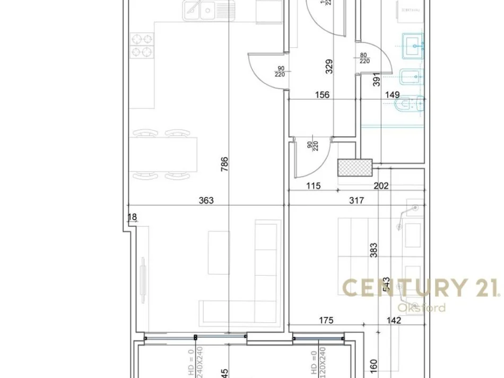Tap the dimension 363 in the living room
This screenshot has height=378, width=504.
[206, 200]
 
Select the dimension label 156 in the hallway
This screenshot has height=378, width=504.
[321, 95]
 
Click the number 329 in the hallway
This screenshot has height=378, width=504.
[329, 66]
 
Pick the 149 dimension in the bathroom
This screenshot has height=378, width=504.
[392, 95]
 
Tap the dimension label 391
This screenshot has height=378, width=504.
[377, 80]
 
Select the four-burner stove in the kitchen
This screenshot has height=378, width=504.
[141, 46]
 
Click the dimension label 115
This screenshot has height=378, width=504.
[314, 186]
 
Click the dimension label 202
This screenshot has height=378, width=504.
[381, 186]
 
